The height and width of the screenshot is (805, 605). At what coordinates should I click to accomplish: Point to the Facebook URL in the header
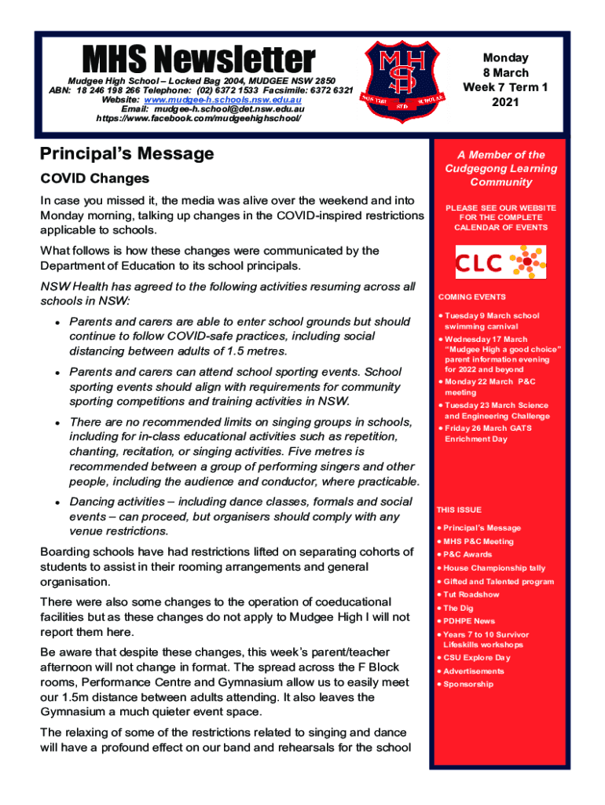coord(198,119)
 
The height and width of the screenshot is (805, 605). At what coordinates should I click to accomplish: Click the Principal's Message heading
coord(126,153)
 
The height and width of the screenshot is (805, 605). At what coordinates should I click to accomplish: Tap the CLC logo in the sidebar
coord(500,262)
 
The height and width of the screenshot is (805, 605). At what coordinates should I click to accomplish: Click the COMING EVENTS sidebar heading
coord(471,297)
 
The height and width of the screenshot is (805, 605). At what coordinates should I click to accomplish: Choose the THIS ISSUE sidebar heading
coord(460,510)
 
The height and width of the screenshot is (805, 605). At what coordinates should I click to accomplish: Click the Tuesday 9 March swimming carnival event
coord(491,321)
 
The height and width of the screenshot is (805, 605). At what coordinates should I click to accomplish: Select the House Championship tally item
coord(493,568)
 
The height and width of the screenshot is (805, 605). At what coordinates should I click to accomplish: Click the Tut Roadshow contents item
coord(471,595)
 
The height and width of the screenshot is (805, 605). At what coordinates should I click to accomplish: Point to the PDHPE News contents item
coord(469,621)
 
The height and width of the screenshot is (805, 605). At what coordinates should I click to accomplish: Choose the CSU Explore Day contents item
coord(476,658)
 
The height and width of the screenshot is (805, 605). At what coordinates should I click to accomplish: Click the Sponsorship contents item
coord(468,685)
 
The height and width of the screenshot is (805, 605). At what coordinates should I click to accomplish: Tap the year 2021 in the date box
coord(505,102)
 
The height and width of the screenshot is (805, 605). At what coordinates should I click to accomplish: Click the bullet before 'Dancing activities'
coord(58,502)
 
